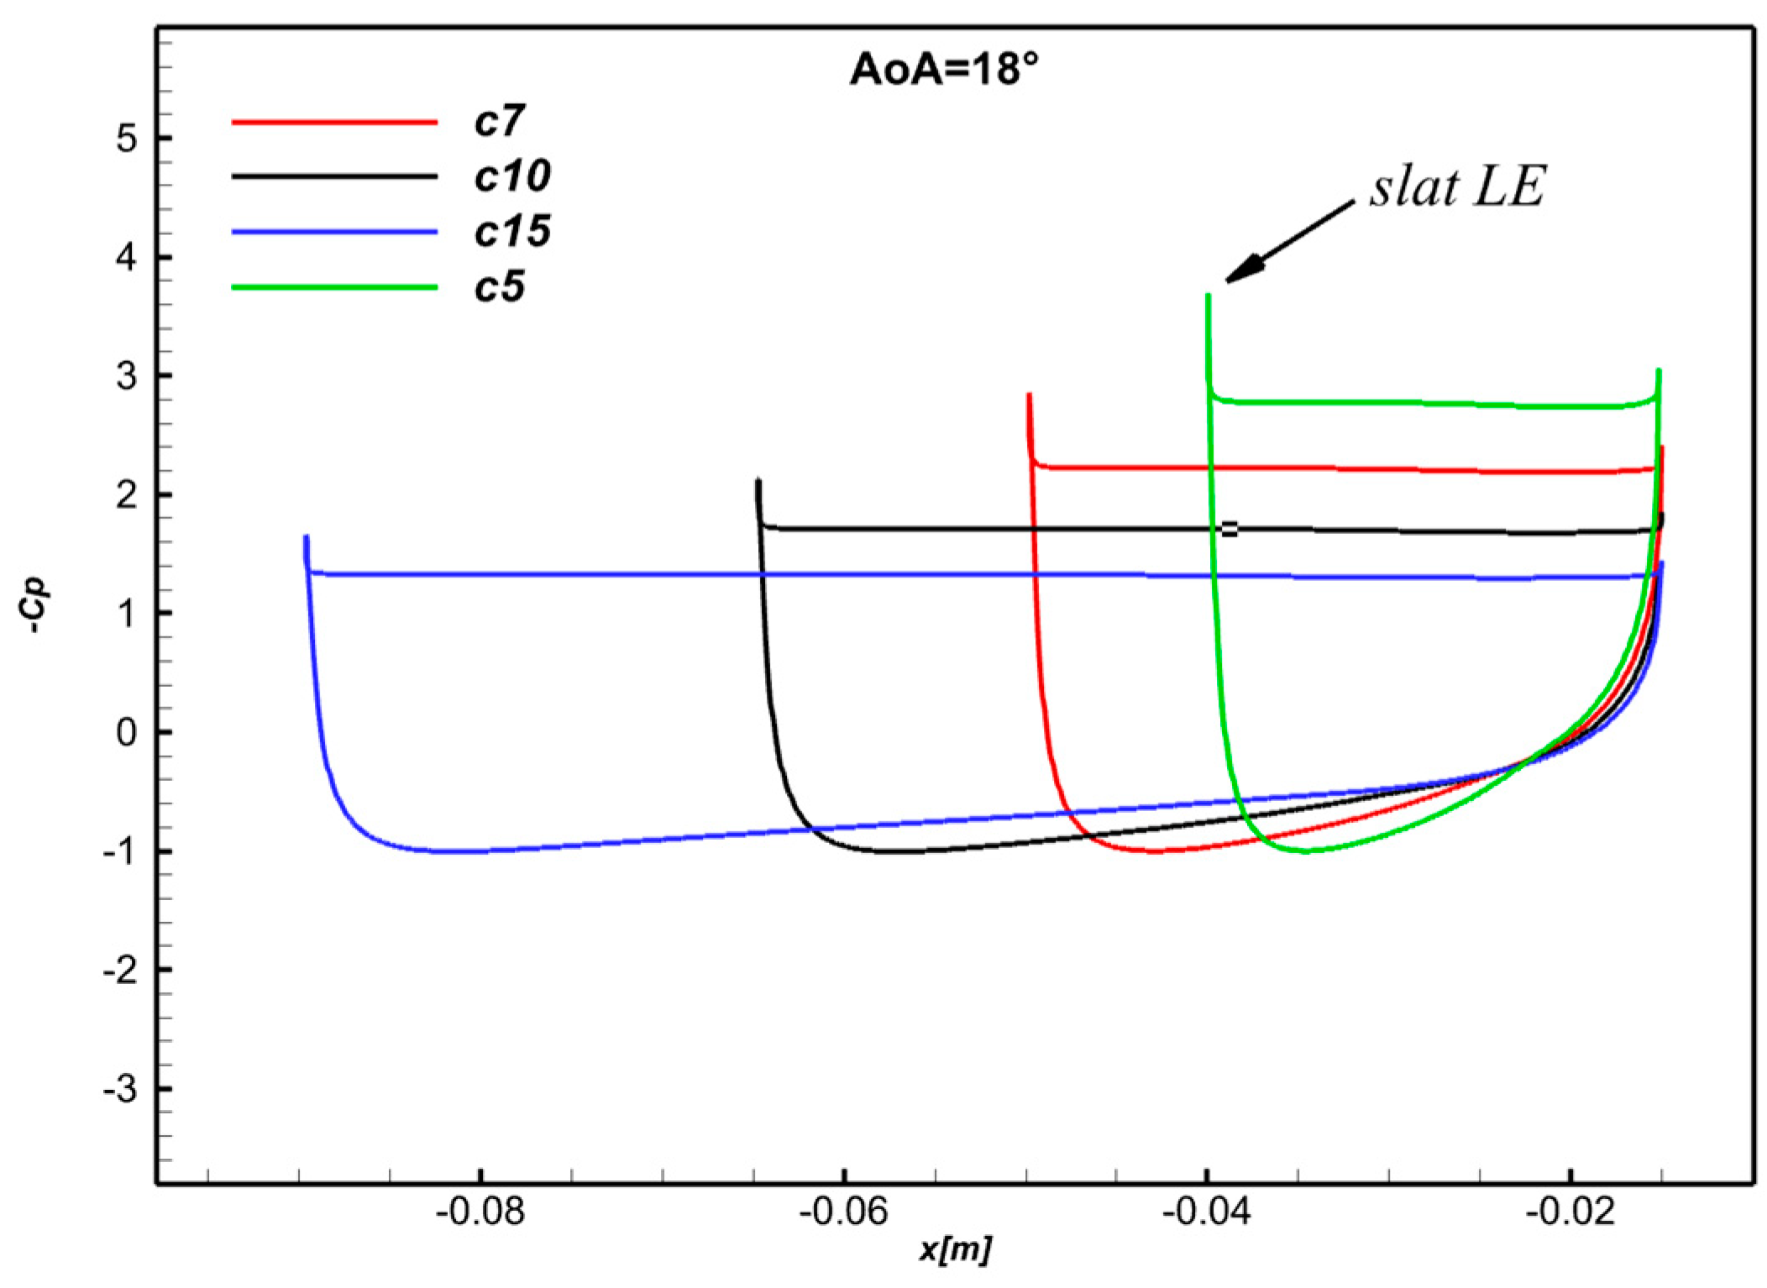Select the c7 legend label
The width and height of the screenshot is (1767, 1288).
(x=499, y=122)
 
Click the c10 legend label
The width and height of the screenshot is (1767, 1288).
(x=511, y=176)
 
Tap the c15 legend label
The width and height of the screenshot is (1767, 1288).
(x=511, y=231)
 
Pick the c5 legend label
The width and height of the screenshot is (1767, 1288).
(x=499, y=287)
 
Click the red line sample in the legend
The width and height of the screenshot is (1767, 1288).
(x=334, y=123)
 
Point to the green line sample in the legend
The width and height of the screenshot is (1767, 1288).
(x=334, y=287)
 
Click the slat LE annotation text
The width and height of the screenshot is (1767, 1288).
(x=1457, y=186)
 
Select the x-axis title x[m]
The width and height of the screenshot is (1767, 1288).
(x=955, y=1249)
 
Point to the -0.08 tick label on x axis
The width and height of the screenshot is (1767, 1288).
(x=480, y=1212)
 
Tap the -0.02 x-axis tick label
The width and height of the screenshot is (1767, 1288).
(x=1570, y=1212)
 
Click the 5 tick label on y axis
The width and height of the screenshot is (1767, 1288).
(x=127, y=139)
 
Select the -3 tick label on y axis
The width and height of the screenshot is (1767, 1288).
(x=120, y=1089)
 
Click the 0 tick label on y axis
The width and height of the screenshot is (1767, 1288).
(x=127, y=732)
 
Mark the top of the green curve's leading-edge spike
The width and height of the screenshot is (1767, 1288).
(x=1208, y=296)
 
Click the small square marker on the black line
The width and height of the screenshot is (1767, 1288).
(x=1229, y=529)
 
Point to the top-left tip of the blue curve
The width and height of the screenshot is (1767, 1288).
(x=307, y=537)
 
